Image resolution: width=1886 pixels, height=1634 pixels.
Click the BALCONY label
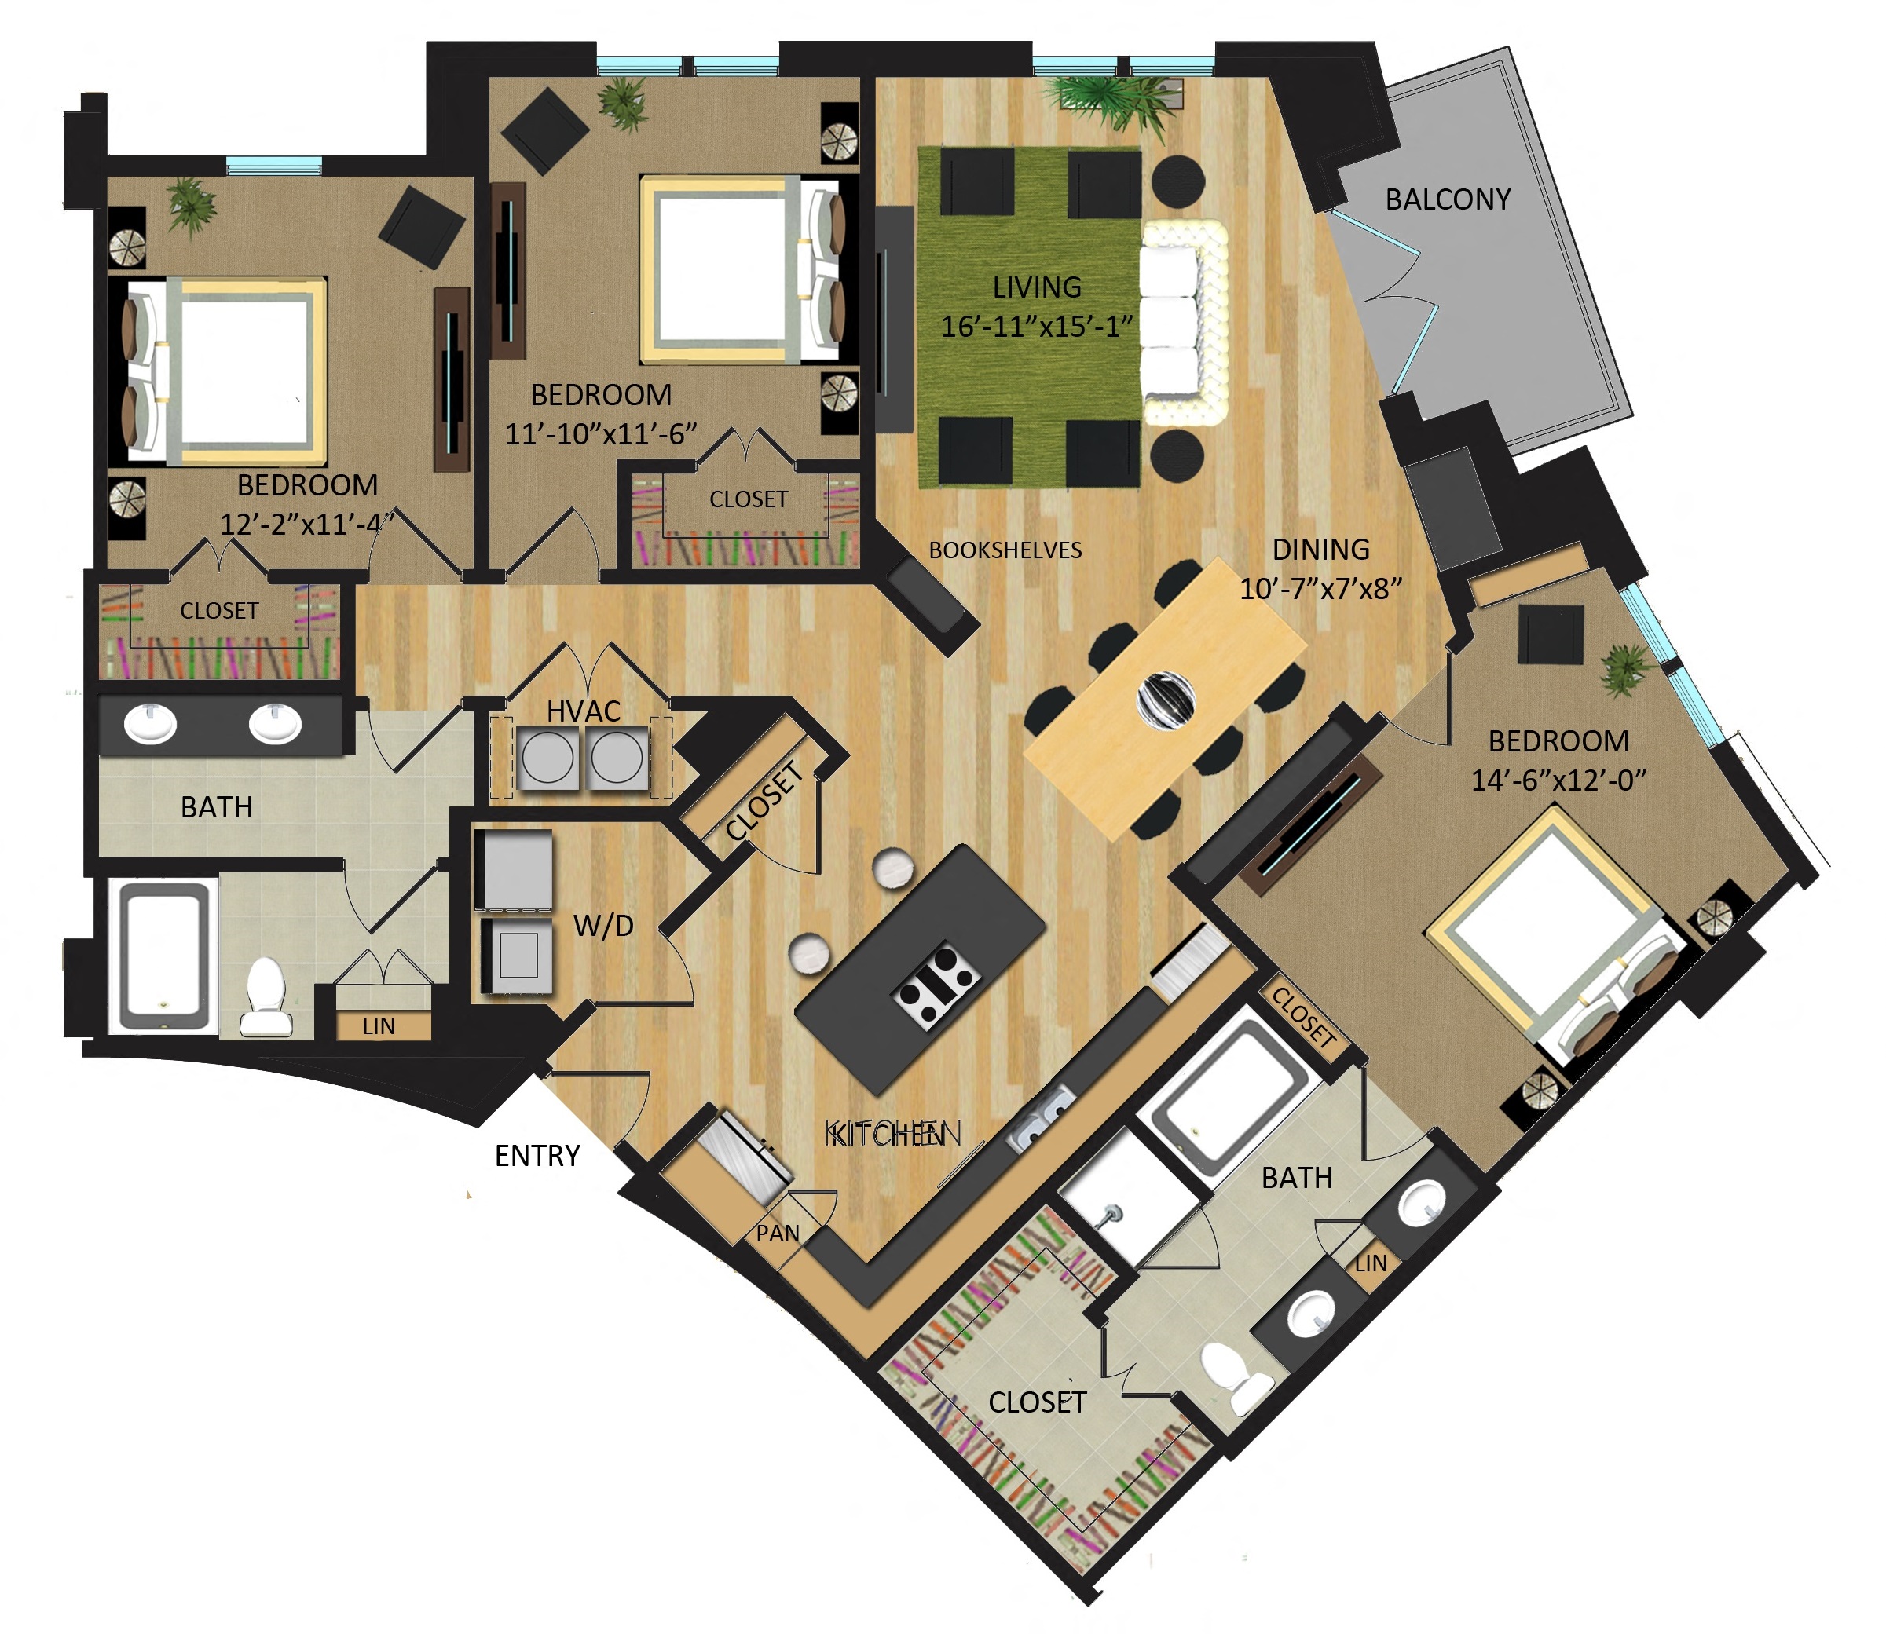(1448, 199)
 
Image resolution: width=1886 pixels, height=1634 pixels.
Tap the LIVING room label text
(1037, 287)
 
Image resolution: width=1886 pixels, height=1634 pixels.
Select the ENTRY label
(537, 1156)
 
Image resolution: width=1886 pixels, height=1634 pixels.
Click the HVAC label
(584, 711)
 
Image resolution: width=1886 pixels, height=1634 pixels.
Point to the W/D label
(602, 926)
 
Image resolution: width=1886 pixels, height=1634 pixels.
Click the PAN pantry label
(777, 1234)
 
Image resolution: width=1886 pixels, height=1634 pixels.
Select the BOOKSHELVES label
(1005, 550)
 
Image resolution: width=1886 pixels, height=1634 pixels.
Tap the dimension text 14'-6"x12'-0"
(1558, 780)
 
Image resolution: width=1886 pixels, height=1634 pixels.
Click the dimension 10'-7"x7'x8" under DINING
(1320, 588)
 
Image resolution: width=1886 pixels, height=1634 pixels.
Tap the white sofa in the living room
(1182, 322)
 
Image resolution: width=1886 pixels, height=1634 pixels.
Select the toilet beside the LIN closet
(266, 996)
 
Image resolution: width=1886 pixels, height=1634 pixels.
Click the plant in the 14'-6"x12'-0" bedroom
(1625, 667)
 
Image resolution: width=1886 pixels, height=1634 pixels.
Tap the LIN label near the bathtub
(379, 1027)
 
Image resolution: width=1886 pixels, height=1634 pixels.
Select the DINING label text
(1320, 549)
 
